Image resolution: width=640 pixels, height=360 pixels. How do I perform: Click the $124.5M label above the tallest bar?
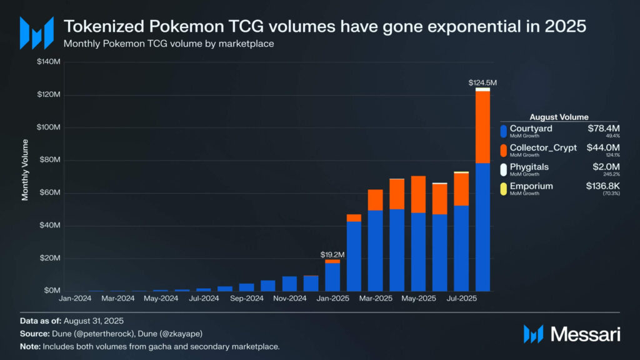(x=482, y=82)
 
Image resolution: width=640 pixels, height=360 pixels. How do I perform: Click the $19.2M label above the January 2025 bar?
(x=332, y=254)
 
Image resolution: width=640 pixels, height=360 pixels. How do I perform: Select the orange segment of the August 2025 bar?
(x=482, y=127)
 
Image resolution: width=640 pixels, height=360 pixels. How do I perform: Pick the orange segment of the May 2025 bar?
(x=418, y=194)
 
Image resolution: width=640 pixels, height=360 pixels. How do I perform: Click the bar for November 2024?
(x=289, y=283)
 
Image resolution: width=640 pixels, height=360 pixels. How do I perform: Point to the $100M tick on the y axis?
(x=48, y=127)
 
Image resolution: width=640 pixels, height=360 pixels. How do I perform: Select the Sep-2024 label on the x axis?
(x=247, y=299)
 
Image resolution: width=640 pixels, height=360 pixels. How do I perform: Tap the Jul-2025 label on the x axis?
(x=461, y=299)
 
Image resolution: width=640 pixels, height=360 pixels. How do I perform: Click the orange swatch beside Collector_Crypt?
(x=504, y=150)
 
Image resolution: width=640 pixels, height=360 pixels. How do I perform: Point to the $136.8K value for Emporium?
(x=602, y=186)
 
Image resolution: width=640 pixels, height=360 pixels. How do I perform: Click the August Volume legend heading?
(x=559, y=117)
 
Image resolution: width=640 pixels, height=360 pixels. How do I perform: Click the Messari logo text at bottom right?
(x=585, y=334)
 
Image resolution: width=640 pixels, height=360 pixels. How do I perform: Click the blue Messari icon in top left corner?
(x=36, y=32)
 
